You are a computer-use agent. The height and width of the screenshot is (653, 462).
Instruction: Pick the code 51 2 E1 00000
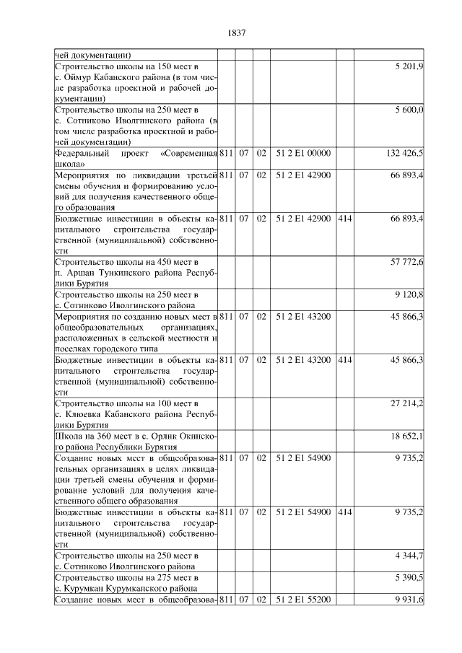pyautogui.click(x=303, y=154)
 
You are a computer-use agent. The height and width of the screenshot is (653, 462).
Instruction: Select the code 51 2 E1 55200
pyautogui.click(x=303, y=600)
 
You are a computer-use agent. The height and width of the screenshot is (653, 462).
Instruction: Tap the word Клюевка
pyautogui.click(x=82, y=413)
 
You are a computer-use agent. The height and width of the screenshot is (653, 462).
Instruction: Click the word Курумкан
pyautogui.click(x=82, y=589)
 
